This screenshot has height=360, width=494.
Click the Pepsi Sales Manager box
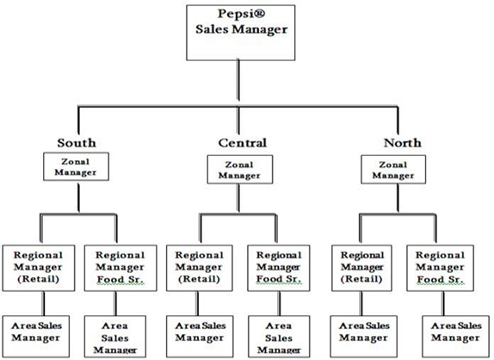pyautogui.click(x=241, y=33)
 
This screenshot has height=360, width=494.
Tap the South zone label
pyautogui.click(x=77, y=143)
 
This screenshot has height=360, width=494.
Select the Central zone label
pyautogui.click(x=243, y=143)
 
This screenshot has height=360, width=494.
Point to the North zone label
pyautogui.click(x=402, y=143)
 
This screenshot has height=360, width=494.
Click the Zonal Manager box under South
pyautogui.click(x=76, y=167)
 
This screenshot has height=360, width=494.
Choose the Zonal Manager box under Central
pyautogui.click(x=240, y=170)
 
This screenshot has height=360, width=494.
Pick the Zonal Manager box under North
pyautogui.click(x=393, y=170)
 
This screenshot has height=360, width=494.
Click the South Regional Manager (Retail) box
pyautogui.click(x=39, y=268)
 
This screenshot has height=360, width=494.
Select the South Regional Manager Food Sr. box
pyautogui.click(x=120, y=268)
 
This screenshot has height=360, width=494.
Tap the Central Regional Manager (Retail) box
pyautogui.click(x=200, y=268)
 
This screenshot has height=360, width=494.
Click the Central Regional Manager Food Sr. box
pyautogui.click(x=279, y=268)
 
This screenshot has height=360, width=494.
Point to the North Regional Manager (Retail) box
pyautogui.click(x=361, y=268)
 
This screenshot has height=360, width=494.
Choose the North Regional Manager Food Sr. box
pyautogui.click(x=440, y=268)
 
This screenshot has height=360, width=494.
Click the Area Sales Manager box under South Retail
pyautogui.click(x=36, y=337)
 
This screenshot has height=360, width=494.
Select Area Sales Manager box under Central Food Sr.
pyautogui.click(x=279, y=337)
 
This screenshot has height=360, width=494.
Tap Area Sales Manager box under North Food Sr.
pyautogui.click(x=455, y=337)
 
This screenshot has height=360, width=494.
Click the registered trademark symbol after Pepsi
pyautogui.click(x=260, y=14)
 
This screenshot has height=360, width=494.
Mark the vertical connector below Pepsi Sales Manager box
pyautogui.click(x=238, y=80)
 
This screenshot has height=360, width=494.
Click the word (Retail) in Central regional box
pyautogui.click(x=199, y=279)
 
